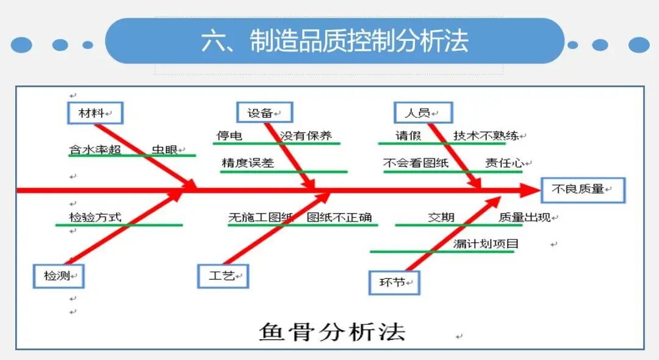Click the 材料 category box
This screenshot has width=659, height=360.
coord(95,113)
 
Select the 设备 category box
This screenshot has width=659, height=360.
coord(264,113)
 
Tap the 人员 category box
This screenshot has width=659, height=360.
coord(423,113)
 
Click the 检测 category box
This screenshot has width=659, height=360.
coord(59,276)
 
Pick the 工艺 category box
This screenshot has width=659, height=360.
coord(223,276)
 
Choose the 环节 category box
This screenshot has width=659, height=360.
coord(394,283)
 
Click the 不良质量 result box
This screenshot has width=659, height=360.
coord(582,190)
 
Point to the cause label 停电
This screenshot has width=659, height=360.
coord(229,136)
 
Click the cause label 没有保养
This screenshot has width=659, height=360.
coord(306,136)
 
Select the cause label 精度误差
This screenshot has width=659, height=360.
coord(248,163)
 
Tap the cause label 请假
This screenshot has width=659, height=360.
coord(408,136)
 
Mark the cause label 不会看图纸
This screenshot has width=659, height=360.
coord(416,163)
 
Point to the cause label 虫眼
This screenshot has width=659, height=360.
coord(164,149)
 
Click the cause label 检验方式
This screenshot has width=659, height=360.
coord(95,217)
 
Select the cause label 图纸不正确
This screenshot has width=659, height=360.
coord(339,217)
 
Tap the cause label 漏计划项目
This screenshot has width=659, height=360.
coord(486,244)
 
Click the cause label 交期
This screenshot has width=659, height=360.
coord(441,217)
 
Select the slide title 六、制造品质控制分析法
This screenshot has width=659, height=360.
coord(334,41)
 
